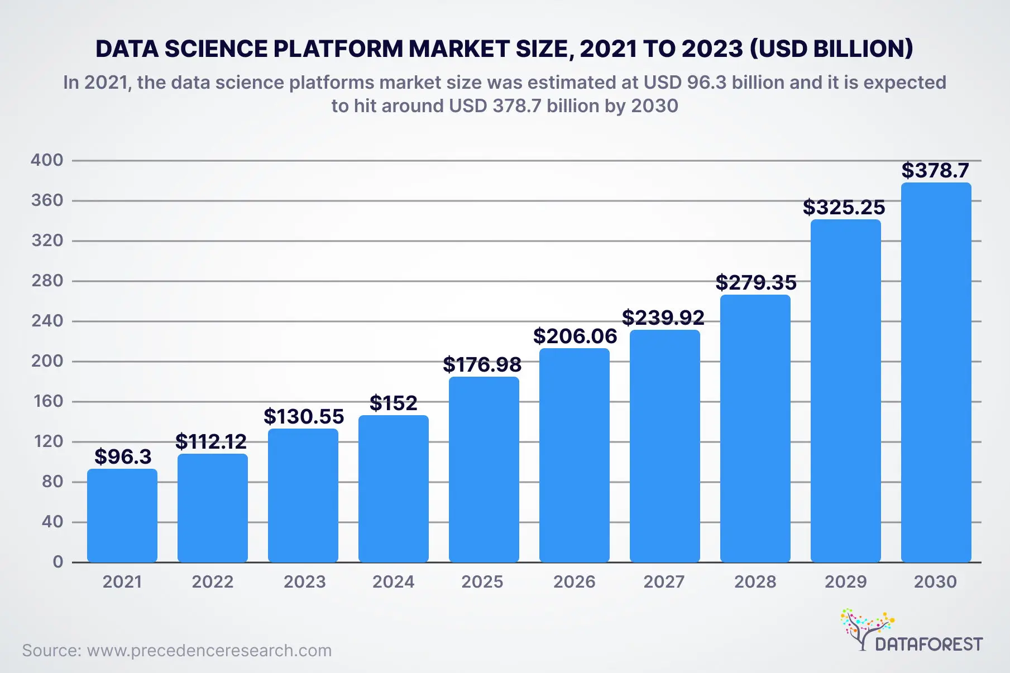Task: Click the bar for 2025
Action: click(484, 469)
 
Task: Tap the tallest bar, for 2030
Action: click(936, 372)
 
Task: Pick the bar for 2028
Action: click(755, 428)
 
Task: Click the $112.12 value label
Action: click(211, 441)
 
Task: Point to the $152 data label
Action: click(393, 403)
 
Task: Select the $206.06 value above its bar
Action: click(575, 336)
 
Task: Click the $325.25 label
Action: click(844, 208)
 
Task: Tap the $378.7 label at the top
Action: click(935, 170)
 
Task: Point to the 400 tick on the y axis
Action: click(47, 160)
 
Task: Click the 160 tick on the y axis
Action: click(48, 401)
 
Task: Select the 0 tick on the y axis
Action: click(58, 562)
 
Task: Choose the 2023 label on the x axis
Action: click(304, 582)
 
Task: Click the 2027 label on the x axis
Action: click(664, 582)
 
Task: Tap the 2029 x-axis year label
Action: click(845, 582)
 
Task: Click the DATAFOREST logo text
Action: click(928, 645)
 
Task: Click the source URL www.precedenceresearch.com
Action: click(209, 651)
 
